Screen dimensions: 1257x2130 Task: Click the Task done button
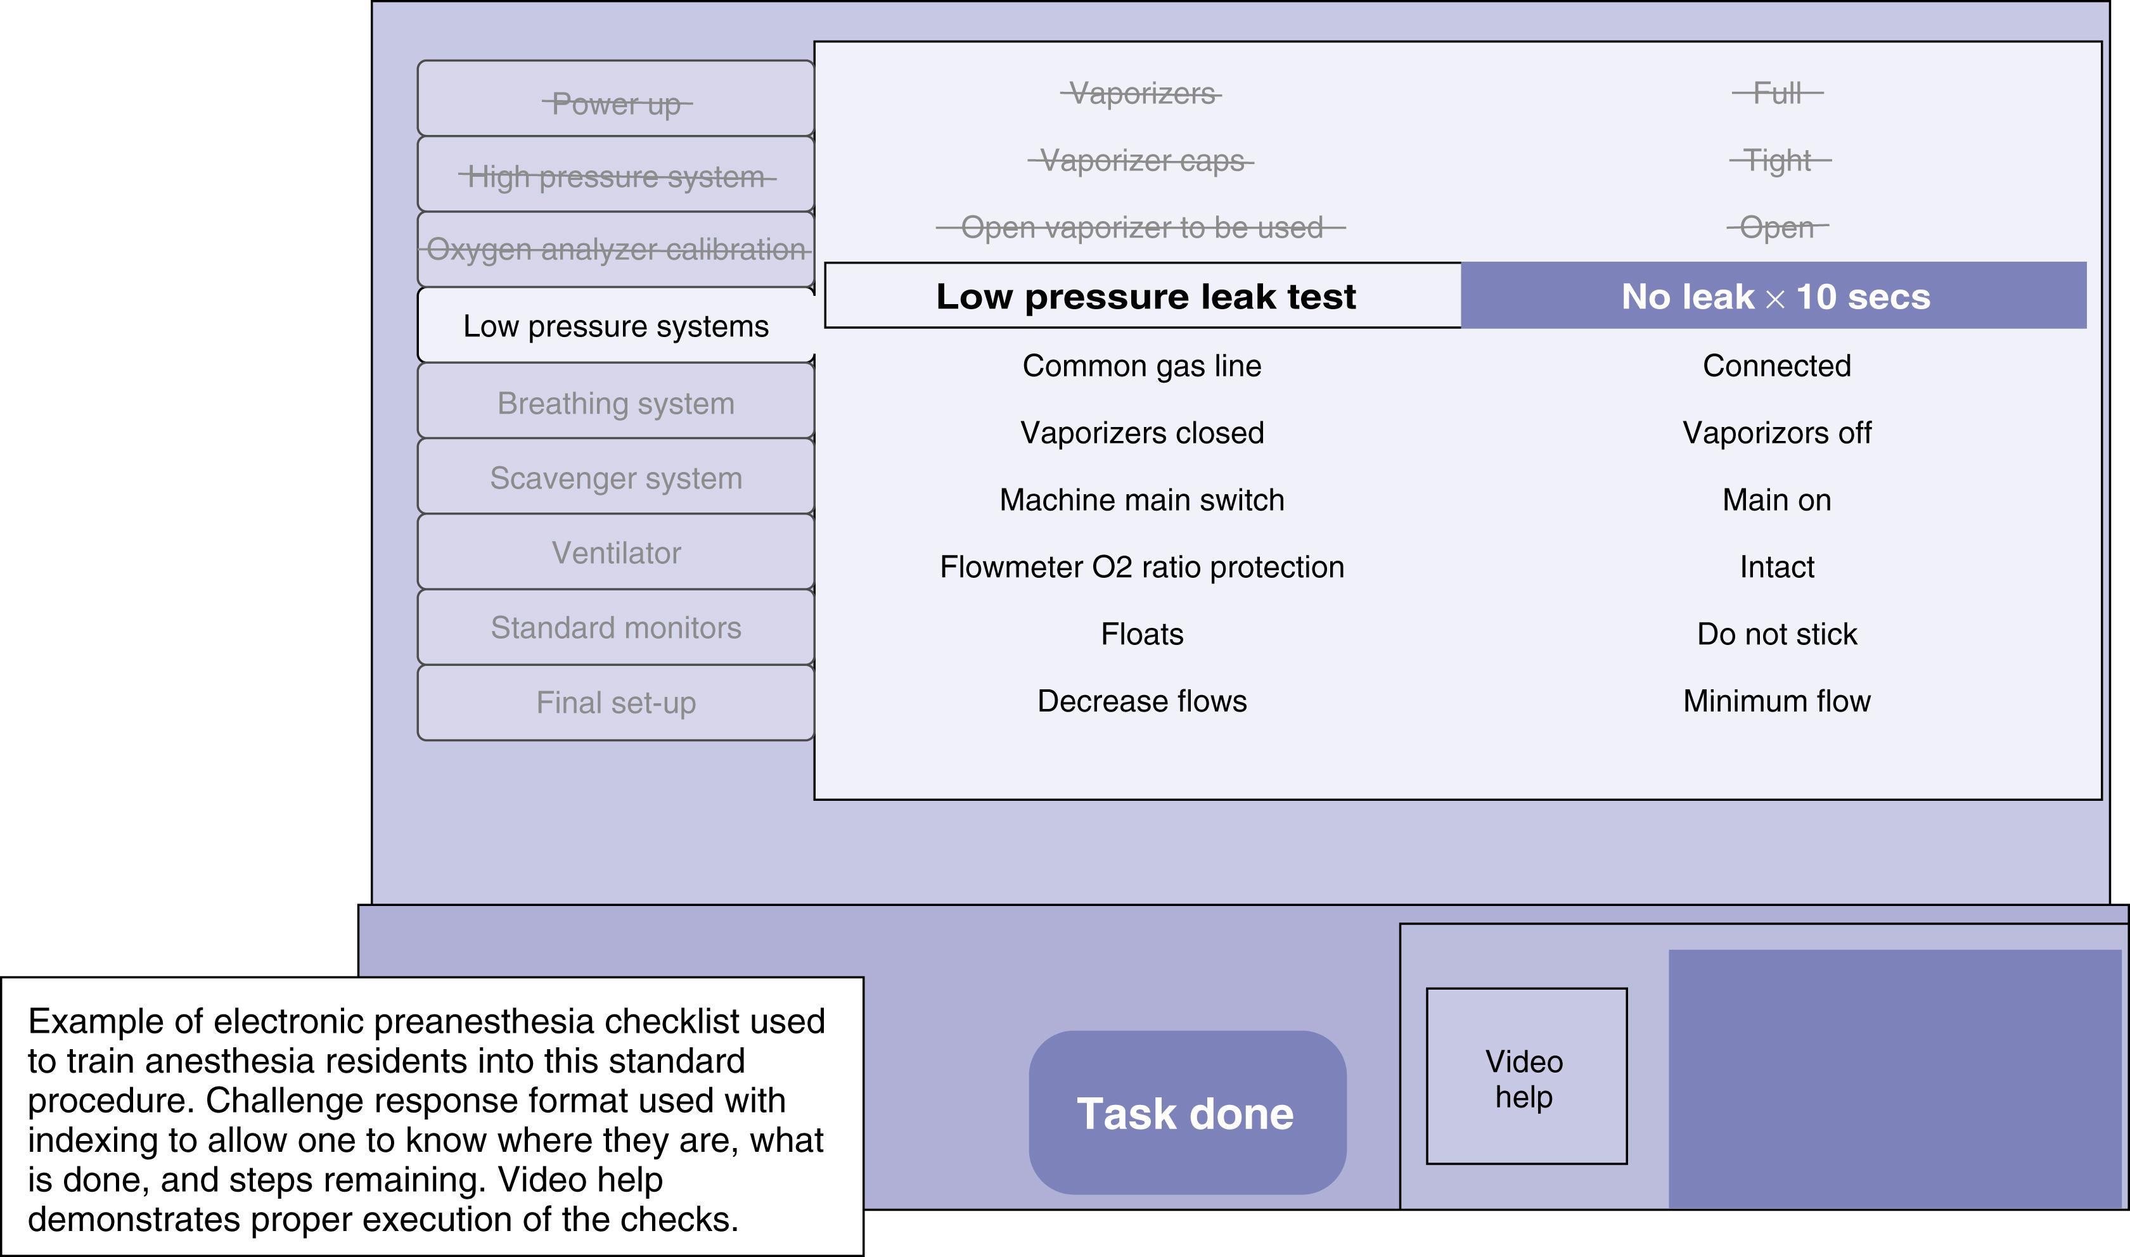click(x=1186, y=1113)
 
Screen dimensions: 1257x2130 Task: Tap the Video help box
click(x=1526, y=1076)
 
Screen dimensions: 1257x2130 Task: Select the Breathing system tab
click(x=616, y=403)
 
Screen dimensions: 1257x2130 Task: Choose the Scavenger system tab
click(x=616, y=478)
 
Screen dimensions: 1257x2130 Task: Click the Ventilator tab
click(x=616, y=552)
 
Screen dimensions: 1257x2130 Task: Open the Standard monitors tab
click(x=616, y=628)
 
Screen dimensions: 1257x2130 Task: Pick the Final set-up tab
click(x=616, y=702)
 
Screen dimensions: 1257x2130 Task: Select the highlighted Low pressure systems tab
click(x=616, y=326)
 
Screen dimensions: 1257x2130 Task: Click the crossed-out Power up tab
click(x=616, y=103)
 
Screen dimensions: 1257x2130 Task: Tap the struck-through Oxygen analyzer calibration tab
click(x=616, y=249)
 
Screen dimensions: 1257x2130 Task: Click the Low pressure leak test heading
click(x=1145, y=296)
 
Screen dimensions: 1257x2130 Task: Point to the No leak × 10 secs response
click(x=1775, y=296)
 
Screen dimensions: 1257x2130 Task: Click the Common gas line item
click(x=1141, y=365)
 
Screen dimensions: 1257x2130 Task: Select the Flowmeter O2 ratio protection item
click(x=1141, y=566)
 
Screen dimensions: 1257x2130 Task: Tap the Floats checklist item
click(x=1141, y=634)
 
